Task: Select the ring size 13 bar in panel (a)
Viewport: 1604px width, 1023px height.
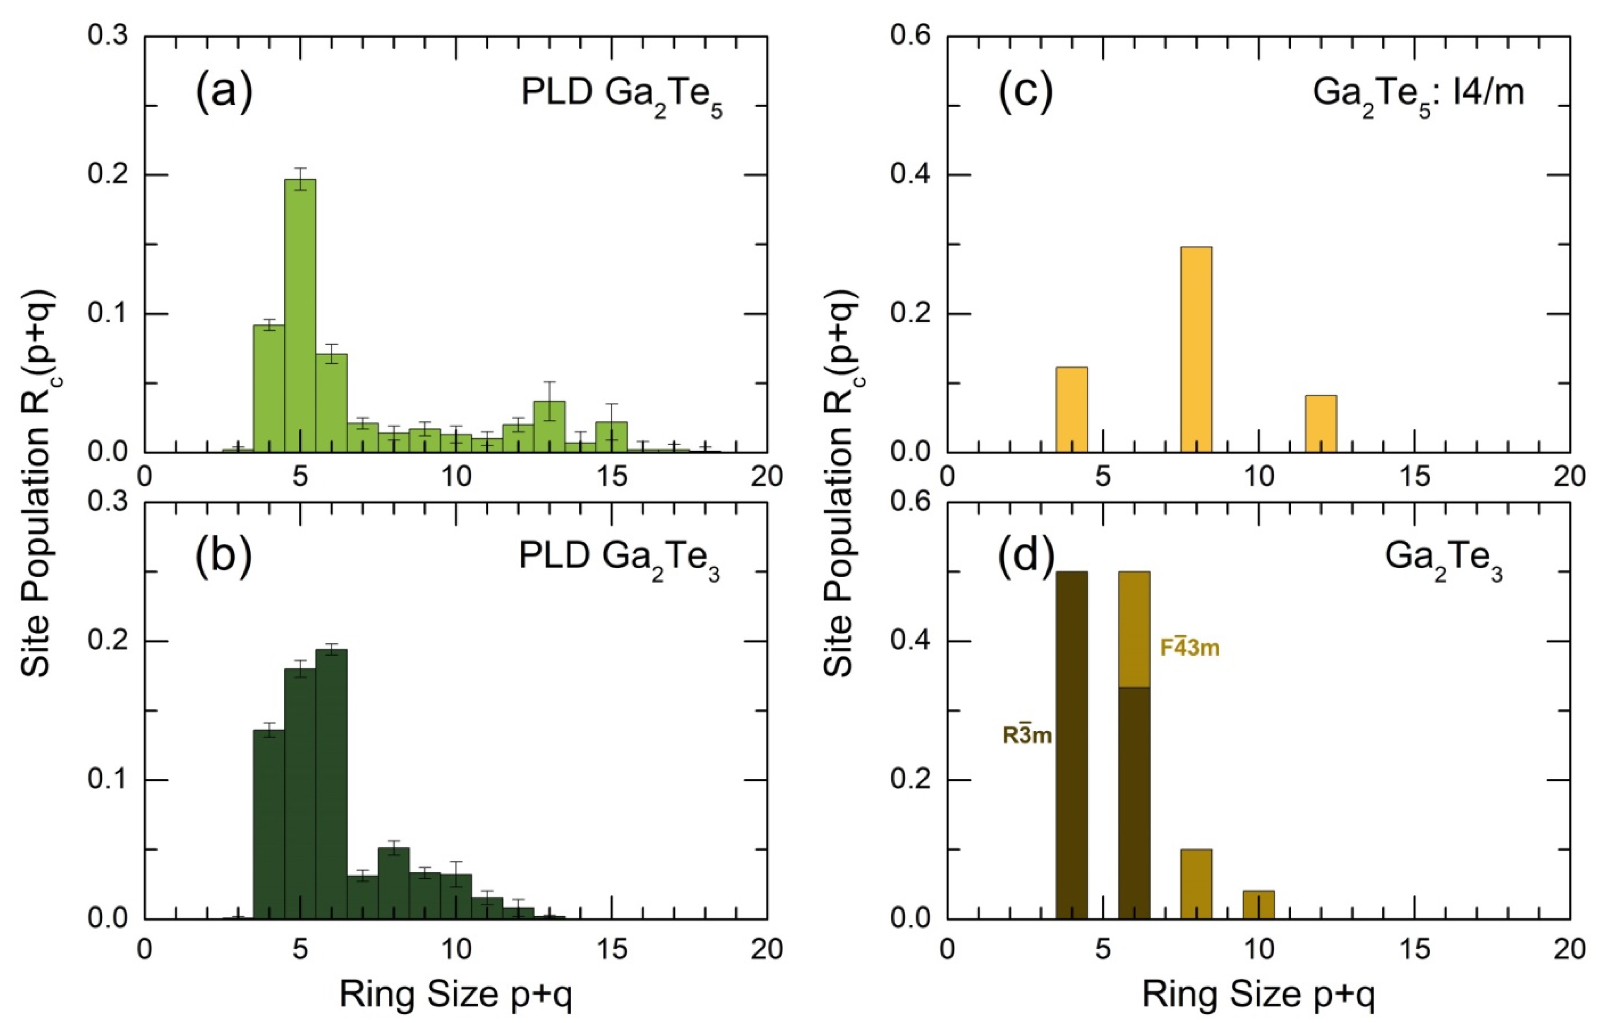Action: click(550, 427)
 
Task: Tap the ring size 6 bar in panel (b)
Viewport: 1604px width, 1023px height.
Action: click(331, 784)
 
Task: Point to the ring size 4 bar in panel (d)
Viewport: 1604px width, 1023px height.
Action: click(1072, 745)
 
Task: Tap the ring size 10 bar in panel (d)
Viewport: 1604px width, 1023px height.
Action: click(1258, 904)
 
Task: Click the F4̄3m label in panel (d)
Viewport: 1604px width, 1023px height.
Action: click(1190, 648)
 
